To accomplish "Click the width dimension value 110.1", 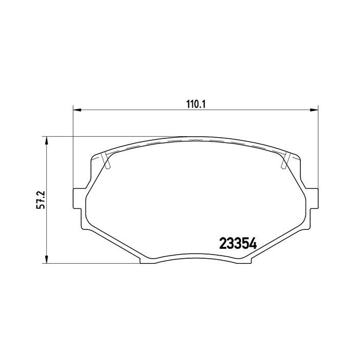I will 195,103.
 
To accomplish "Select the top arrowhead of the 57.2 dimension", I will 47,140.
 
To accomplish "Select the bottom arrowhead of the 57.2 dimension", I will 47,260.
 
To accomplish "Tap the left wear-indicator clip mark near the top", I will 106,161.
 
